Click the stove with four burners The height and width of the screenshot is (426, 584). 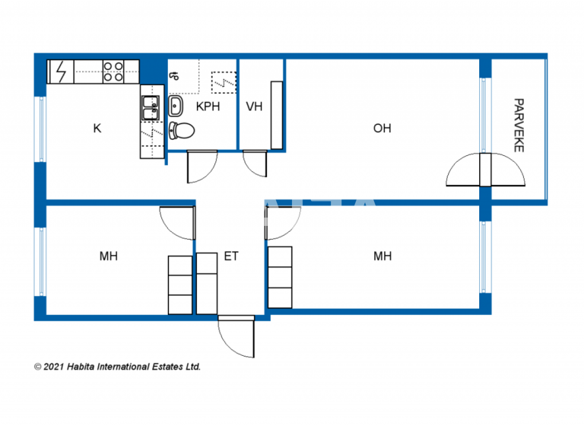tap(113, 72)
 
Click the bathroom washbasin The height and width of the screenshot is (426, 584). tap(176, 104)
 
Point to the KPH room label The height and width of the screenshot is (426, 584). tap(208, 106)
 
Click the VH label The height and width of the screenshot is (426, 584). tap(254, 106)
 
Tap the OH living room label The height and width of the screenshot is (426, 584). tap(382, 129)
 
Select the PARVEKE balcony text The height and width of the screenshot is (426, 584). tap(519, 125)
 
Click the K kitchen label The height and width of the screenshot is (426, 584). tap(97, 129)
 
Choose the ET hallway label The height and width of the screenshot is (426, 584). tap(231, 256)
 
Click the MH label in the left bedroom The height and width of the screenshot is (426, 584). tap(109, 256)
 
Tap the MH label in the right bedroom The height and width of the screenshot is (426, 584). tap(382, 256)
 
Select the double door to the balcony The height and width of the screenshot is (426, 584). tap(485, 170)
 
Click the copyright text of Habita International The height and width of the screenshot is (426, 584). tap(118, 367)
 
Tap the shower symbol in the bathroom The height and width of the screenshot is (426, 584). tap(223, 80)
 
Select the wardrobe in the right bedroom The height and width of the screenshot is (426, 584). tap(280, 277)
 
